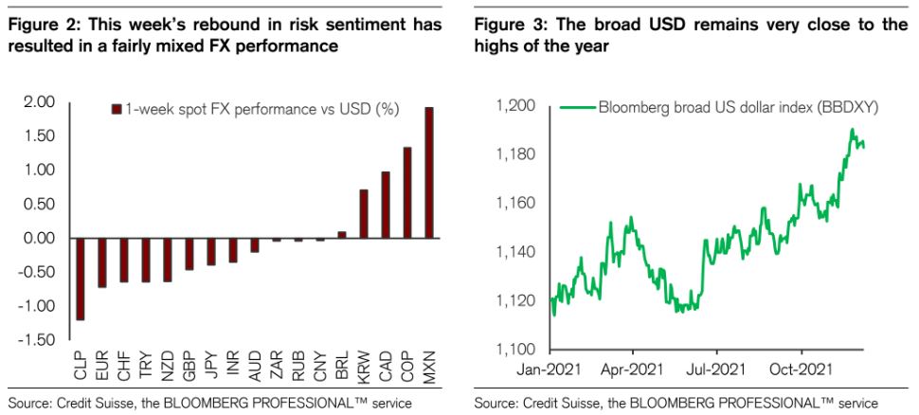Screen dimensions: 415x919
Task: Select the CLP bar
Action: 80,279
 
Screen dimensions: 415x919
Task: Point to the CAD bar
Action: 386,204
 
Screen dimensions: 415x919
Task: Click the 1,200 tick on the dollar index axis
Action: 516,106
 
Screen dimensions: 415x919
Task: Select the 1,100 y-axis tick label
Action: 516,351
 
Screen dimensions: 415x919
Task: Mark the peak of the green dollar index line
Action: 853,130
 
